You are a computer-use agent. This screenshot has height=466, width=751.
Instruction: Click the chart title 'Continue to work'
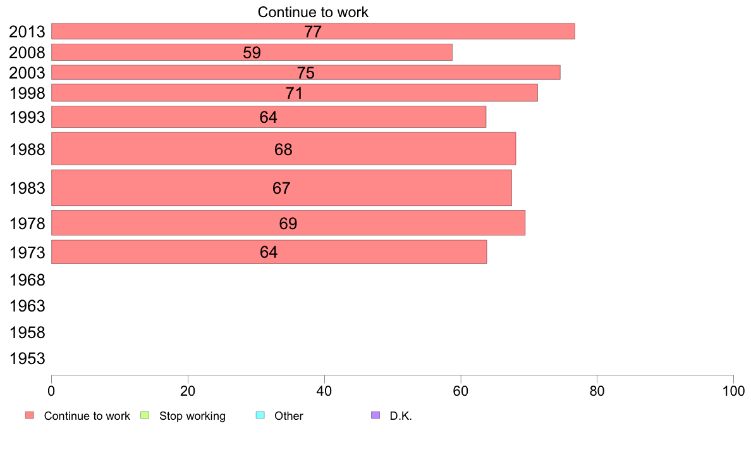(x=313, y=12)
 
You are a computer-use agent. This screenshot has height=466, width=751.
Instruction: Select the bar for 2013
(x=313, y=31)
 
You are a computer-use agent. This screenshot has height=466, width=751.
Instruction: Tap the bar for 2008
(x=252, y=53)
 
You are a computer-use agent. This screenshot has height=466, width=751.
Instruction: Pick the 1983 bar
(x=281, y=187)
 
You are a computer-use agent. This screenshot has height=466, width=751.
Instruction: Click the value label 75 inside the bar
(x=306, y=73)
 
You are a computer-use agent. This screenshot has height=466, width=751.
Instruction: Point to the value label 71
(x=295, y=94)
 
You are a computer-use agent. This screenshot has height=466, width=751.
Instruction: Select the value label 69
(x=288, y=224)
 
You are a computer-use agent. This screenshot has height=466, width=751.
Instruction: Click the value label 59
(x=252, y=53)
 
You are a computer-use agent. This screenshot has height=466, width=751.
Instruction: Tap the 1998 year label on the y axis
(x=27, y=94)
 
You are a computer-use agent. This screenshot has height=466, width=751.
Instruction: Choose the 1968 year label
(x=27, y=280)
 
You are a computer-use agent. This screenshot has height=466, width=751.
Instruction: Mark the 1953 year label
(x=27, y=359)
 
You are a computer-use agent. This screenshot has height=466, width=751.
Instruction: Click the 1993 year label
(x=27, y=118)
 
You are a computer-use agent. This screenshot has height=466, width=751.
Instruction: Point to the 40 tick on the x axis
(x=324, y=391)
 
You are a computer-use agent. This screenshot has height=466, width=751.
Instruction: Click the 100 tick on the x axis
(x=733, y=391)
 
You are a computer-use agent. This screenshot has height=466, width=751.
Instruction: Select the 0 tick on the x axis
(x=51, y=391)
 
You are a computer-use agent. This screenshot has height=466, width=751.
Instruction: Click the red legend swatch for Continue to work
(x=29, y=415)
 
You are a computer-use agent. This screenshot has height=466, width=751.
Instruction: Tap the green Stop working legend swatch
(x=144, y=415)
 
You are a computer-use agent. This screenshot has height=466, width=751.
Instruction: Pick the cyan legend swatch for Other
(x=259, y=415)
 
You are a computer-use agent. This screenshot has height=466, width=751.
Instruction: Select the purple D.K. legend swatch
(x=375, y=415)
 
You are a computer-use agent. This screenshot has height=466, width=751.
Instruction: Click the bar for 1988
(x=283, y=149)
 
